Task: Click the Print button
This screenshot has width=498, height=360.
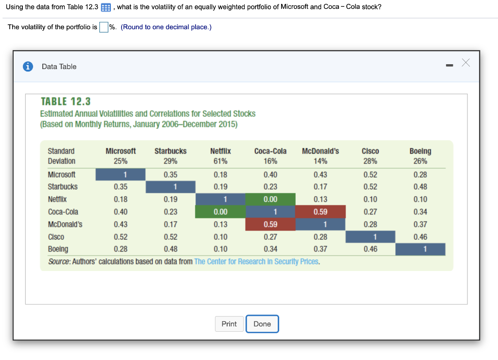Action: (229, 324)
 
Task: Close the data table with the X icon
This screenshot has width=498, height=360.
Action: (466, 62)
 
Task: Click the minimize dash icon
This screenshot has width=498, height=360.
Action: (449, 64)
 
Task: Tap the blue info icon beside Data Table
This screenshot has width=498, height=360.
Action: (29, 67)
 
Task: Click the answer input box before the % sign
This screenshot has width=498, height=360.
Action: (104, 27)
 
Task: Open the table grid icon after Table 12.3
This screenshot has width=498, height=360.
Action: (106, 8)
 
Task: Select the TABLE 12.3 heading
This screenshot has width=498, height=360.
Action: (66, 101)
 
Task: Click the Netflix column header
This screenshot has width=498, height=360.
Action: (220, 151)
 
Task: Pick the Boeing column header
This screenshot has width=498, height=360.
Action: (420, 151)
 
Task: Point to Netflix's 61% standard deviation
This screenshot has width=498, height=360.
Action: (220, 161)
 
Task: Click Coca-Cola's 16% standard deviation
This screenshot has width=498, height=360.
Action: (270, 161)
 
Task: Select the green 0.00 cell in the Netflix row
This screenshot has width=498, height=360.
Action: (270, 199)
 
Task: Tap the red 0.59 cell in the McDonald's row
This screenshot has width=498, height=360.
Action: (270, 224)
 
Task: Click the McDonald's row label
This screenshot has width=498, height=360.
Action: (65, 224)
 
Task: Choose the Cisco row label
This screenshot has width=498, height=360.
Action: (56, 237)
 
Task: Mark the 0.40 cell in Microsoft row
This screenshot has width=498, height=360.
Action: (270, 174)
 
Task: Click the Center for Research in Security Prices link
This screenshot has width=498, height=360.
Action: (257, 262)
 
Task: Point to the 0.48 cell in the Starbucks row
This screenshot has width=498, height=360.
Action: (420, 186)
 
